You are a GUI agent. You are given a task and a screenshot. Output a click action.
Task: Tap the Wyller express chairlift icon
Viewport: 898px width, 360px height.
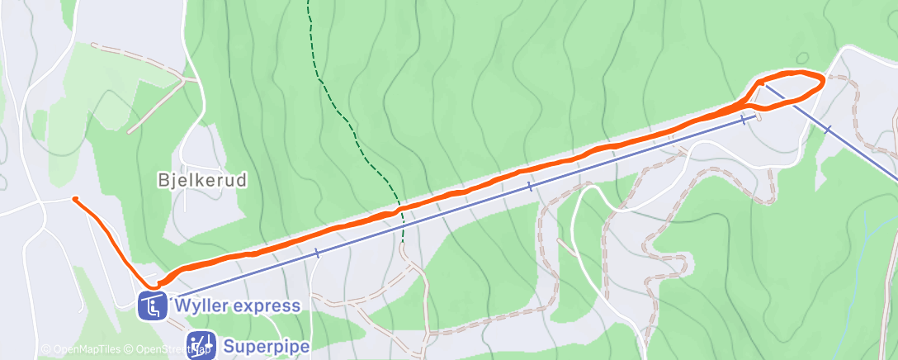(x=153, y=306)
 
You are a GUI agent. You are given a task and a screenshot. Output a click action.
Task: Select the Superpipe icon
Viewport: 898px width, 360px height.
(x=201, y=345)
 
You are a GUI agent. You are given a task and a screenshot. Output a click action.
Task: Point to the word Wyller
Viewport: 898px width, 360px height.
(x=201, y=306)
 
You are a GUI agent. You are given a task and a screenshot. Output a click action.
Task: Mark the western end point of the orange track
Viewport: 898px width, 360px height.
(x=75, y=199)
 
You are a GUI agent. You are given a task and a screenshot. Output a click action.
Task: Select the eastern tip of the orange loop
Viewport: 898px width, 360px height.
(x=822, y=80)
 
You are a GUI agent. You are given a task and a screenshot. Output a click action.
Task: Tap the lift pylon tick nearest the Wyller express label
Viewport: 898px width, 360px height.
(x=317, y=253)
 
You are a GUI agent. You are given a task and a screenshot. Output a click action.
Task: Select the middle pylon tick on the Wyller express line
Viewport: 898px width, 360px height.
(x=529, y=187)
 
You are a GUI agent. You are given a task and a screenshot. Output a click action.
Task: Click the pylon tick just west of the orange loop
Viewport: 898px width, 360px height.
(x=743, y=120)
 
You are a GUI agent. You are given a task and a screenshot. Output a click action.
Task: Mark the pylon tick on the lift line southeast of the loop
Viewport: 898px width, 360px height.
(x=827, y=129)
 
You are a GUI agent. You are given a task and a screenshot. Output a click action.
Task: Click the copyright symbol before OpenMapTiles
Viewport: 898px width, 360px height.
(x=46, y=350)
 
